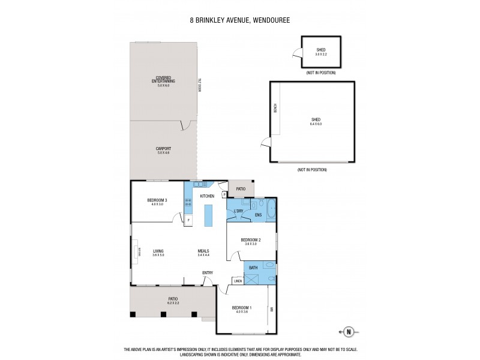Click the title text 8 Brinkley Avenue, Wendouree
(x=240, y=20)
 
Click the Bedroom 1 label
(x=242, y=309)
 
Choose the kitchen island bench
(x=208, y=215)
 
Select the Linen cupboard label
(x=238, y=281)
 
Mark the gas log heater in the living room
(x=139, y=253)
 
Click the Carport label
(x=163, y=150)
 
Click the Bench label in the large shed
(x=275, y=109)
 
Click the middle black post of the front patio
(x=164, y=314)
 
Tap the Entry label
(x=208, y=274)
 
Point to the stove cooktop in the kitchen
(x=188, y=203)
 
